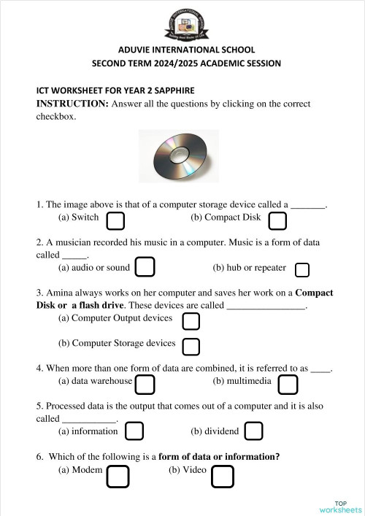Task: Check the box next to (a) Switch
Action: [x=115, y=220]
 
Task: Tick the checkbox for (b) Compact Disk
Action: [x=277, y=220]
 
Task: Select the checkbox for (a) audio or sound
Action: [x=145, y=267]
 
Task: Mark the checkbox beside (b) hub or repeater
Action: [x=301, y=270]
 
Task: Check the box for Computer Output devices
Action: [x=191, y=321]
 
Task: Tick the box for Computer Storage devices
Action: [x=191, y=346]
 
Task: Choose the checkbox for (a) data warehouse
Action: [x=145, y=384]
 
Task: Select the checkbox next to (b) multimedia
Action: [x=288, y=384]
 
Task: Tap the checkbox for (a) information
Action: [x=134, y=431]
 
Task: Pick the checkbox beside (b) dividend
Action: [x=253, y=431]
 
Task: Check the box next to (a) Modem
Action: [x=118, y=477]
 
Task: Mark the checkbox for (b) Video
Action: [x=223, y=477]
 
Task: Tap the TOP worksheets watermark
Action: [x=341, y=507]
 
